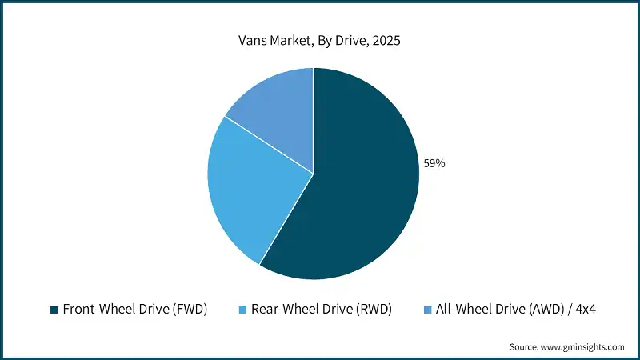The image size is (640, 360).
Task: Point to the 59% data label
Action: tap(434, 163)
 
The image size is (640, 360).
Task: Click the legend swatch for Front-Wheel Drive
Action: tap(54, 310)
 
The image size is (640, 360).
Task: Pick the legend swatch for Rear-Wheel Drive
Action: tap(242, 310)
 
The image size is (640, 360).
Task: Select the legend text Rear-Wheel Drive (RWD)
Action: tap(321, 310)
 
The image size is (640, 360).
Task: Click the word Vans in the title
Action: tap(254, 41)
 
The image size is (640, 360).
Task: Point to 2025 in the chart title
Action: tap(386, 41)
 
